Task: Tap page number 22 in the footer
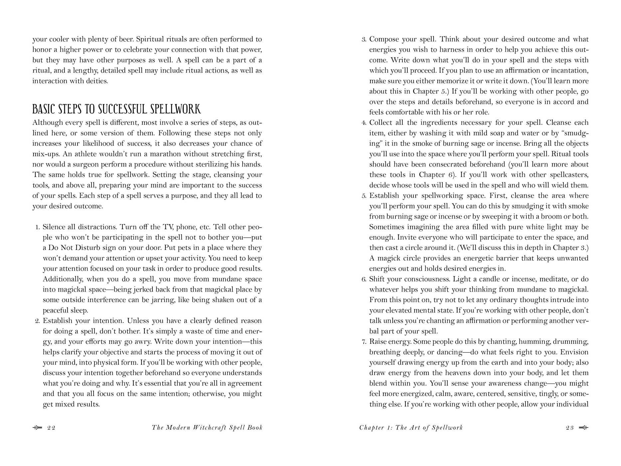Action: [51, 428]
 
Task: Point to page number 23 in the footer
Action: [570, 428]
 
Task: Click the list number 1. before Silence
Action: [37, 227]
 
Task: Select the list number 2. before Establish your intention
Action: [37, 321]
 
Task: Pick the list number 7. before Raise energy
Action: [364, 342]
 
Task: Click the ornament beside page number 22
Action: [37, 428]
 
